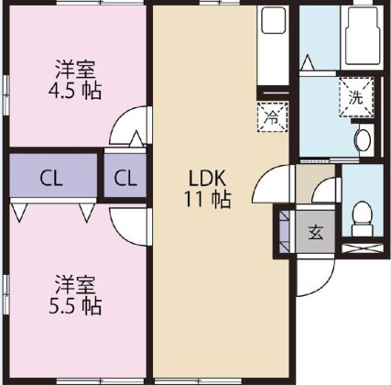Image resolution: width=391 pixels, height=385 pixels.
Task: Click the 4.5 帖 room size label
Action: pos(77,91)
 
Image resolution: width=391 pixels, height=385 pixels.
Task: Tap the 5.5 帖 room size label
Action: pos(77,304)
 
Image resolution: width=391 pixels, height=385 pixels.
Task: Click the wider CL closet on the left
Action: pos(52,177)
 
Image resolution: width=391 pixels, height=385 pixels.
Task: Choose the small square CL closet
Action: pos(126,177)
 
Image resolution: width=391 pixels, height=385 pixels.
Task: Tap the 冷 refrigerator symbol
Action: pos(272,116)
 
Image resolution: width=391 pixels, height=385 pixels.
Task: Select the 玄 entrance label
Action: pos(314,232)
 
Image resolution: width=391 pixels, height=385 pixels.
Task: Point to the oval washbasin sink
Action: pos(363,140)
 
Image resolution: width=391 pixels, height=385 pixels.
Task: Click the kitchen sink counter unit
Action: pos(272,46)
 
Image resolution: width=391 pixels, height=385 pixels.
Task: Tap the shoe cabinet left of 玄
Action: pos(284,232)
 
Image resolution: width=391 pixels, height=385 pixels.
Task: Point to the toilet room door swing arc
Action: pos(324,192)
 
